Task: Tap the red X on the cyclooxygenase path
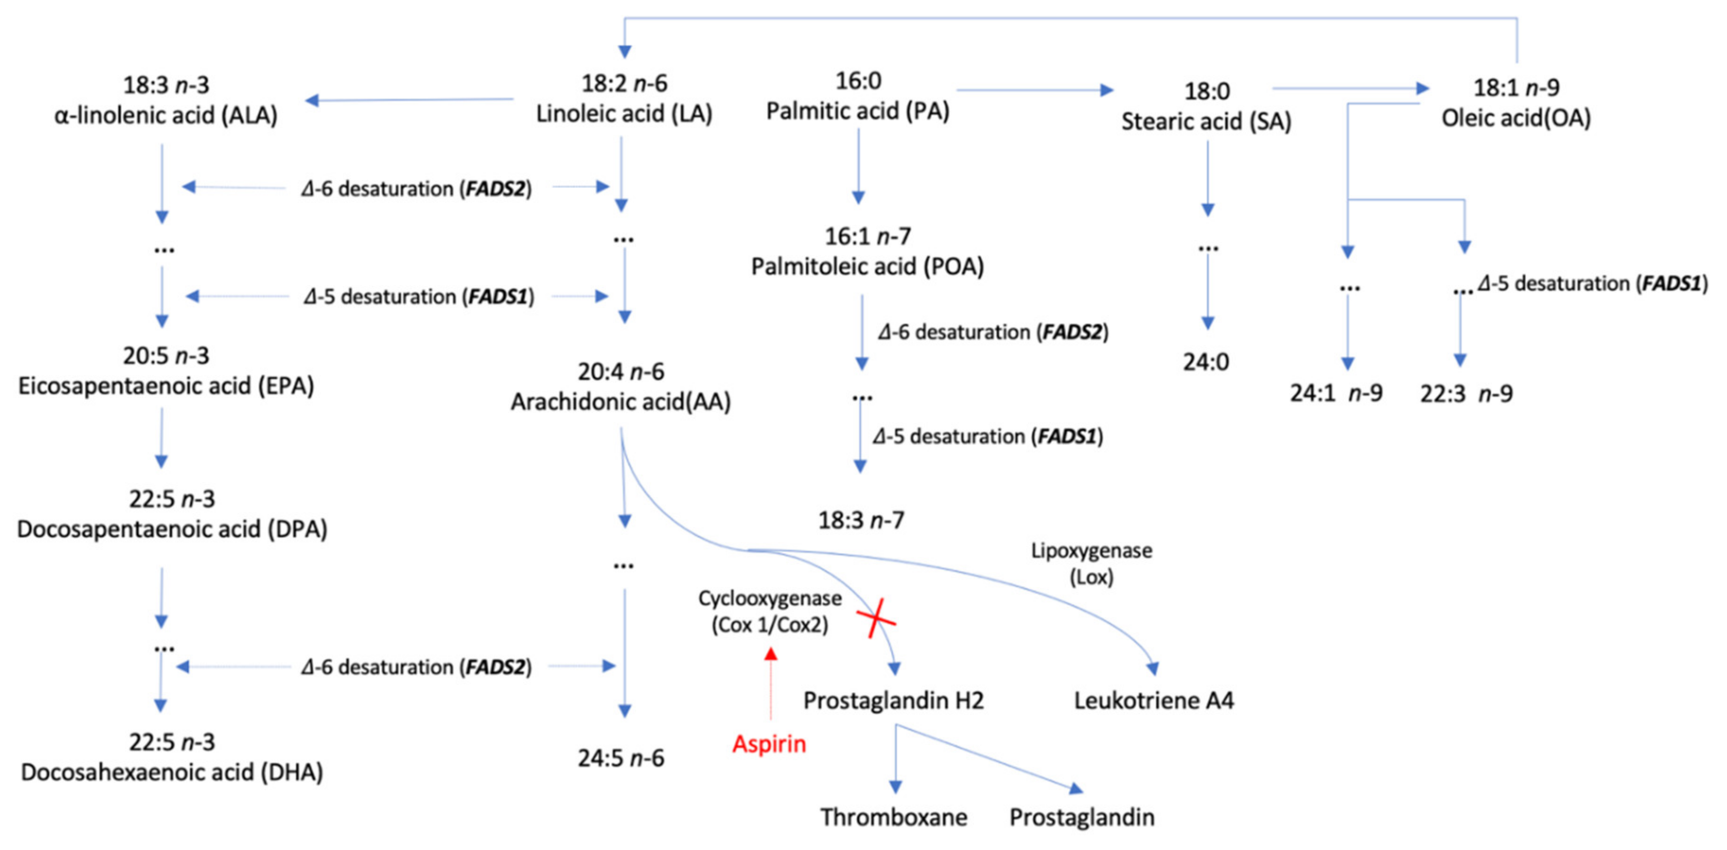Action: (876, 618)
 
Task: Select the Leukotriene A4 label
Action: (1153, 700)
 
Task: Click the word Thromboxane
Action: (894, 817)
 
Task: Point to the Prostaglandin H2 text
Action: (893, 700)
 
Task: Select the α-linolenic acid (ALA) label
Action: (166, 115)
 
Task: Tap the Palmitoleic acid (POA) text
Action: (867, 267)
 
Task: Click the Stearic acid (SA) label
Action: (1206, 121)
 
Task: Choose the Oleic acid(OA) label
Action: (1516, 118)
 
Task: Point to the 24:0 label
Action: (1206, 362)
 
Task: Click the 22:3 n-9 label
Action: (1466, 394)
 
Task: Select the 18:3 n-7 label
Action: (861, 520)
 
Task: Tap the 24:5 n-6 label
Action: (621, 758)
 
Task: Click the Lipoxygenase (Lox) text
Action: (1092, 563)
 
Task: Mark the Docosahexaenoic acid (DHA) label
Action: (172, 772)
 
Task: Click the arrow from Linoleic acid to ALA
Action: (409, 100)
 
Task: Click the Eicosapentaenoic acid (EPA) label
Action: (166, 386)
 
